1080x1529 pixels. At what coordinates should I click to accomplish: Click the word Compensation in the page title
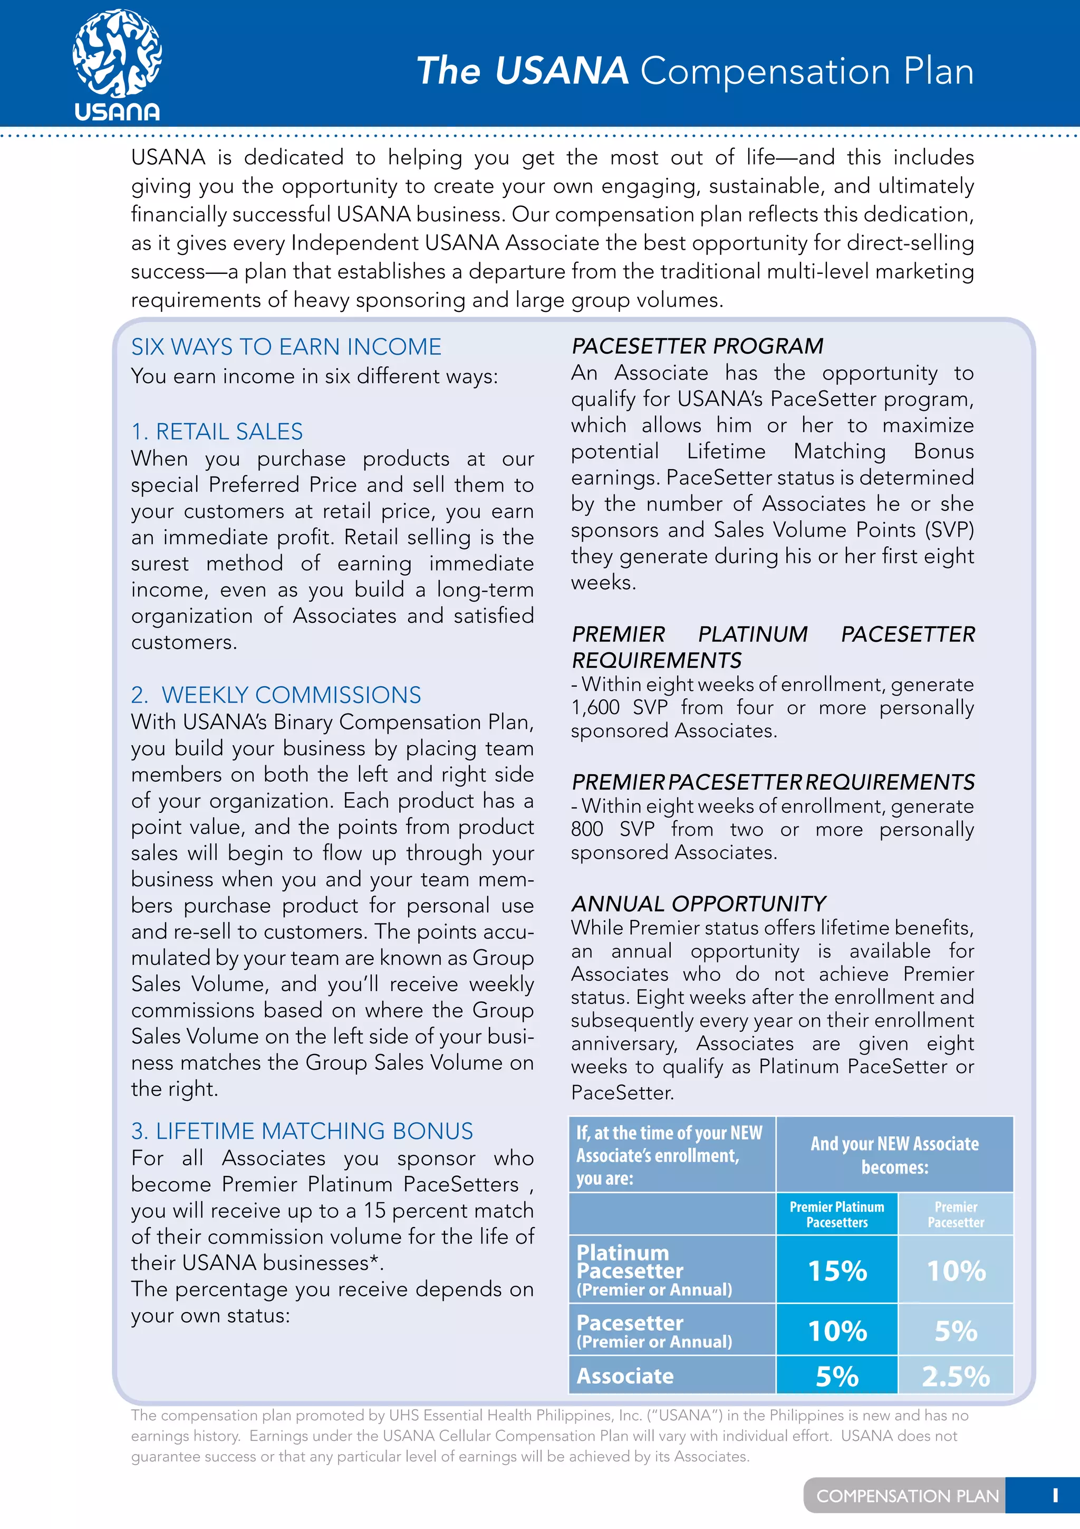(x=765, y=71)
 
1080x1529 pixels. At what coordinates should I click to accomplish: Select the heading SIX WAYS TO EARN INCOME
(x=286, y=347)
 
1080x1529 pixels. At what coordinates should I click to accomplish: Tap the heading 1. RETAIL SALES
(x=217, y=432)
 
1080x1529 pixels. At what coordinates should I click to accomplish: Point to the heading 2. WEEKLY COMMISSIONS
(x=276, y=695)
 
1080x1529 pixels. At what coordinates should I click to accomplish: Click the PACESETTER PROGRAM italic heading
(x=697, y=346)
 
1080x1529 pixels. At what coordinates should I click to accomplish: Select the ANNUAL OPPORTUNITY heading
(x=699, y=904)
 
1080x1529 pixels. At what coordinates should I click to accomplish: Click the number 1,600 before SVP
(x=595, y=707)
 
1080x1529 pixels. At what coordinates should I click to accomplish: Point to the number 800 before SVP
(x=587, y=829)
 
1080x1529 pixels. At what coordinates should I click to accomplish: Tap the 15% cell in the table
(x=837, y=1270)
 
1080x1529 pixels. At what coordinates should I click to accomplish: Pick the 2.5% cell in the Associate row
(x=956, y=1376)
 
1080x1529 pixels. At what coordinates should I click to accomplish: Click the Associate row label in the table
(x=625, y=1376)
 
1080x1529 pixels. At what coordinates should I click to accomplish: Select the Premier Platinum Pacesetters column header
(x=837, y=1214)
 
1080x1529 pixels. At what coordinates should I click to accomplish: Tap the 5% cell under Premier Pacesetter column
(x=956, y=1331)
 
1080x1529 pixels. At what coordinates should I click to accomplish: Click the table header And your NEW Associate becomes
(x=894, y=1155)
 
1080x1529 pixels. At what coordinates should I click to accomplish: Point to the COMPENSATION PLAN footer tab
(x=907, y=1496)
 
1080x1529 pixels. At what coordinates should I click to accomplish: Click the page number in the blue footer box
(x=1055, y=1496)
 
